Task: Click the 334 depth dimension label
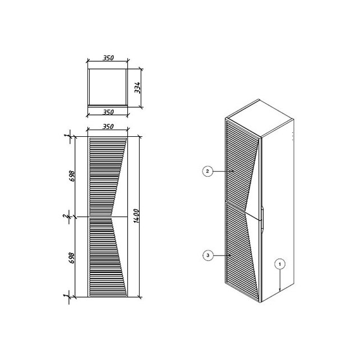coord(137,87)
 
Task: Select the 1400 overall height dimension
coord(136,216)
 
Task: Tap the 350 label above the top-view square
coord(108,58)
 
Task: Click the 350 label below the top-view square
coord(108,112)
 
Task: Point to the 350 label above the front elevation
coord(108,127)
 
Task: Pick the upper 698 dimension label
coord(72,176)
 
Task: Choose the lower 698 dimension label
coord(72,258)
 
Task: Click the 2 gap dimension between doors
coord(66,216)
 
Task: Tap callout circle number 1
coord(280,264)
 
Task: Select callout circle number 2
coord(207,171)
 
